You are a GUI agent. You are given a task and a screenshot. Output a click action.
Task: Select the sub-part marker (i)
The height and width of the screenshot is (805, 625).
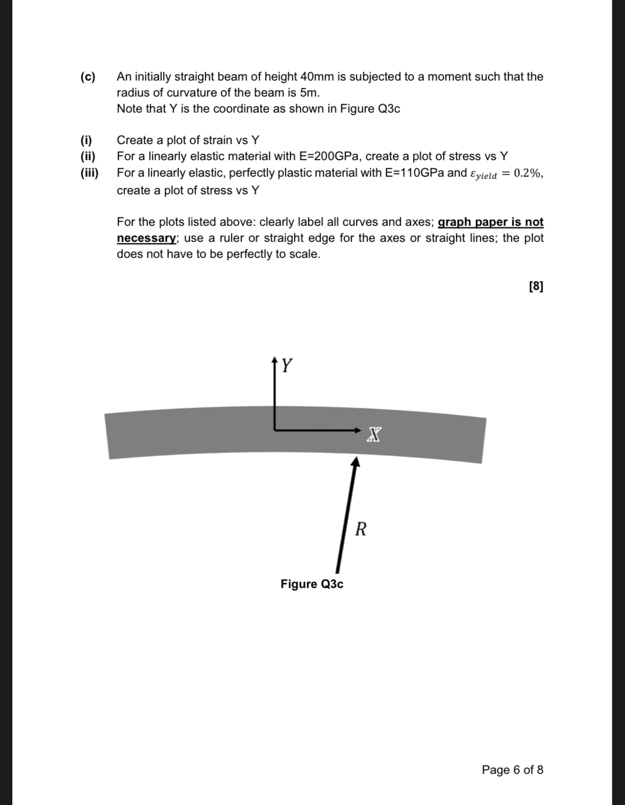[86, 140]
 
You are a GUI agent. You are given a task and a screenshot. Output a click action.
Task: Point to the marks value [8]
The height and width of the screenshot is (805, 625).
[535, 286]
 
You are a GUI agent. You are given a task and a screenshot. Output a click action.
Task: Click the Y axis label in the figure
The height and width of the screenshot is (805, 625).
[287, 365]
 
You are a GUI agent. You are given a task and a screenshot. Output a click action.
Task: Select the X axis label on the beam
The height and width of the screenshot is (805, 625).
[374, 434]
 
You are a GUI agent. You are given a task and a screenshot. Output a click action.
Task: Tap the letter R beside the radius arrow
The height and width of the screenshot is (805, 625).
[361, 529]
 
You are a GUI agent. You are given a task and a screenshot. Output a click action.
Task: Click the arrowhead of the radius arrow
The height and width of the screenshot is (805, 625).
[355, 461]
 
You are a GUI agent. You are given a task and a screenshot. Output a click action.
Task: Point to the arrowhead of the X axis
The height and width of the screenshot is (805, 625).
[358, 429]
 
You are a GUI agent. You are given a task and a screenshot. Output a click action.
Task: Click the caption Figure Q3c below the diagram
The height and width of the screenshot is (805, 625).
[312, 584]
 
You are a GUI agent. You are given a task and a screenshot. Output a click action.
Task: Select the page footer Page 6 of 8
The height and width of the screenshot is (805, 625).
[512, 770]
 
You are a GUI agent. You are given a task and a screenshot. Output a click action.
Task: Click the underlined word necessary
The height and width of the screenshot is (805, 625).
[146, 238]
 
